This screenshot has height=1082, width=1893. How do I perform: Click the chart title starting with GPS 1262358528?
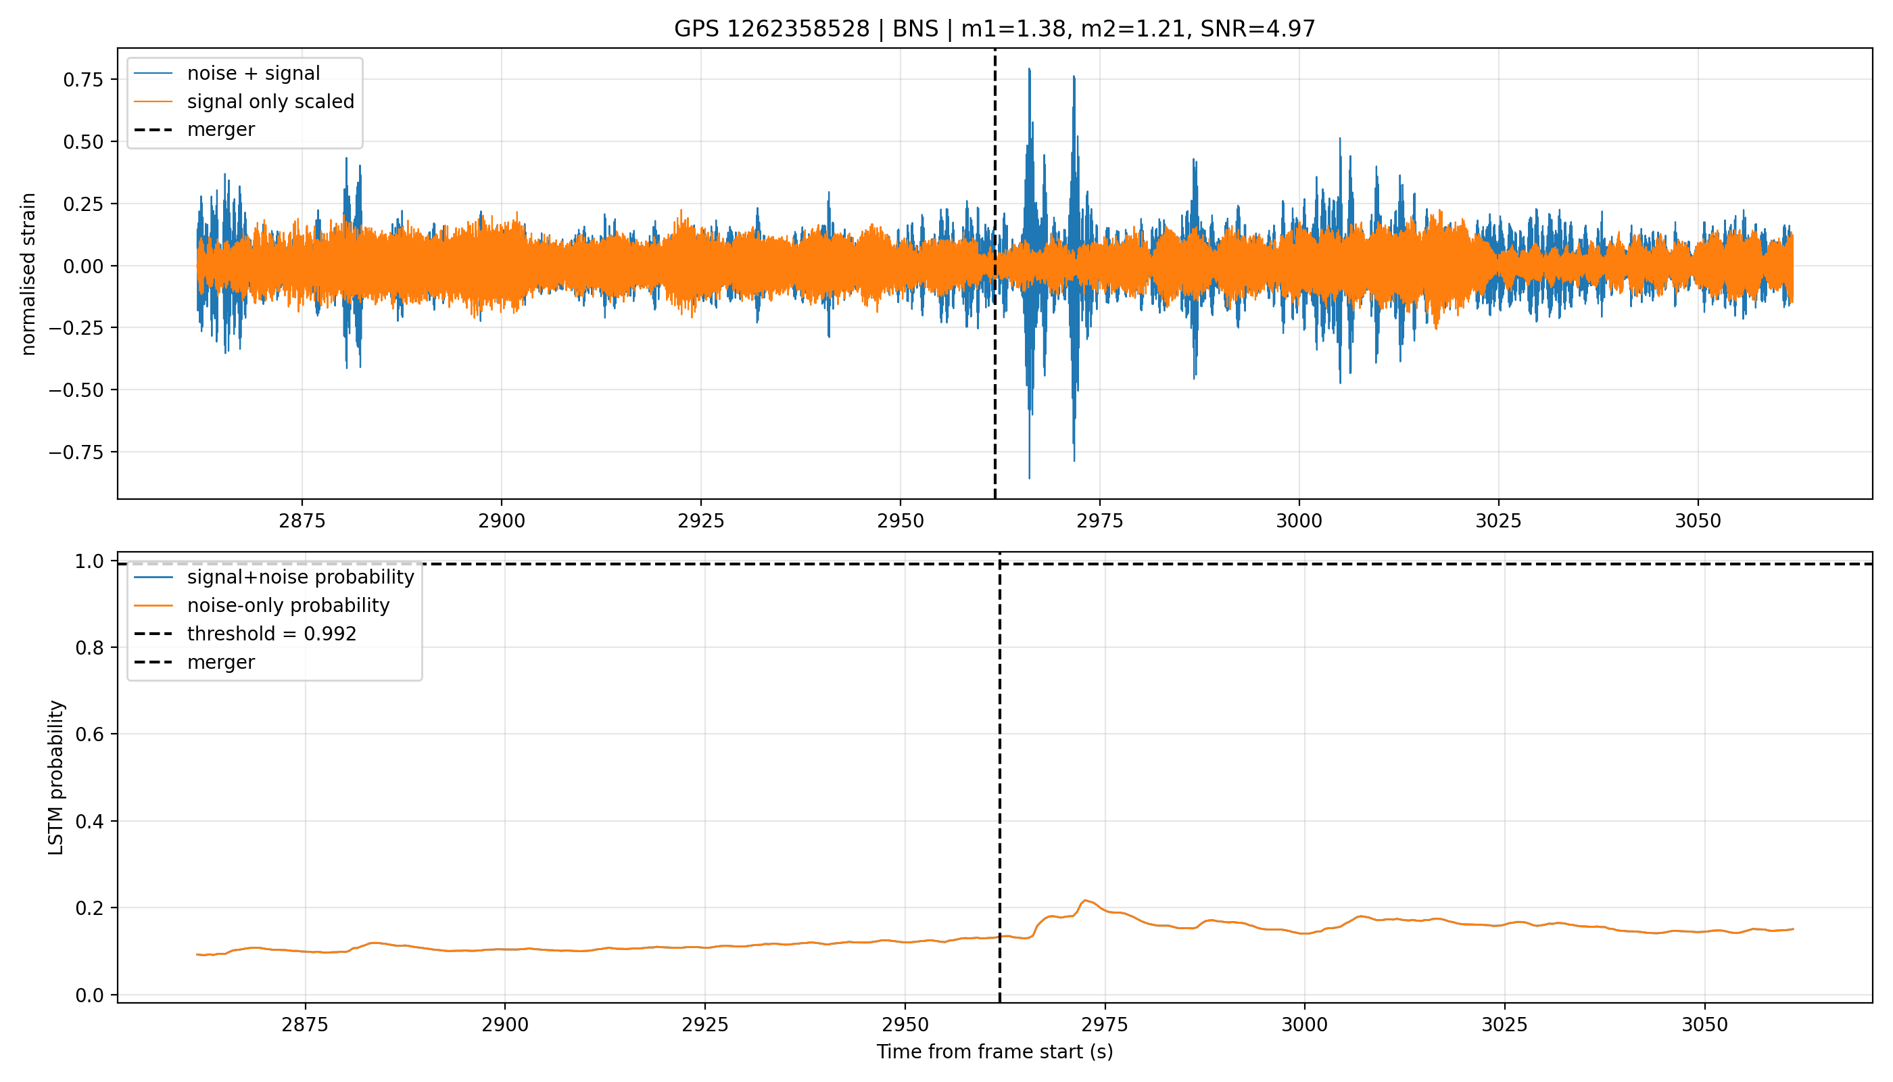pyautogui.click(x=994, y=29)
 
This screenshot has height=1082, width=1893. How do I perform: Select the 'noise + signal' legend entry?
pyautogui.click(x=254, y=74)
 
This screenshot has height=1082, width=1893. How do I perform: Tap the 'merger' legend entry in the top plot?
pyautogui.click(x=220, y=130)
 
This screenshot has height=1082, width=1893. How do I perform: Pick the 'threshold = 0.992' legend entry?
pyautogui.click(x=271, y=634)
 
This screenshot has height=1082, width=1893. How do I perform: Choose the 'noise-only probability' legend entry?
pyautogui.click(x=288, y=606)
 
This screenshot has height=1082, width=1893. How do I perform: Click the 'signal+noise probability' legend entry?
pyautogui.click(x=300, y=578)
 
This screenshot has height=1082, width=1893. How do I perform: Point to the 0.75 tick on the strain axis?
pyautogui.click(x=82, y=80)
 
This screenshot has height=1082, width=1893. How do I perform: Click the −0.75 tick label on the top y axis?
pyautogui.click(x=76, y=452)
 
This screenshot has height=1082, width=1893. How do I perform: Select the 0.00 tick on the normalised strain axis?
pyautogui.click(x=82, y=266)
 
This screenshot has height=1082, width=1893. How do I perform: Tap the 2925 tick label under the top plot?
pyautogui.click(x=700, y=521)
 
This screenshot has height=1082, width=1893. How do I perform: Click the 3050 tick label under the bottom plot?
pyautogui.click(x=1704, y=1025)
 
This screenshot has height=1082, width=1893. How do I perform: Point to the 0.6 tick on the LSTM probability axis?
pyautogui.click(x=89, y=734)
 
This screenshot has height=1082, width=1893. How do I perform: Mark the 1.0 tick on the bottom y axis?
pyautogui.click(x=89, y=561)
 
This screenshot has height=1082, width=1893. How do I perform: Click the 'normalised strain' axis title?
pyautogui.click(x=28, y=274)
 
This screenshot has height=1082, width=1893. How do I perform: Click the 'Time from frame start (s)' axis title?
pyautogui.click(x=995, y=1052)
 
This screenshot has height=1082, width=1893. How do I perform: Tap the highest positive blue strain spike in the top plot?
pyautogui.click(x=1029, y=69)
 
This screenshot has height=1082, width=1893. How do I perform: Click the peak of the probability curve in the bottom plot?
pyautogui.click(x=1085, y=901)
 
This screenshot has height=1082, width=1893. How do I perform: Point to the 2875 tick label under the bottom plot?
pyautogui.click(x=305, y=1025)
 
